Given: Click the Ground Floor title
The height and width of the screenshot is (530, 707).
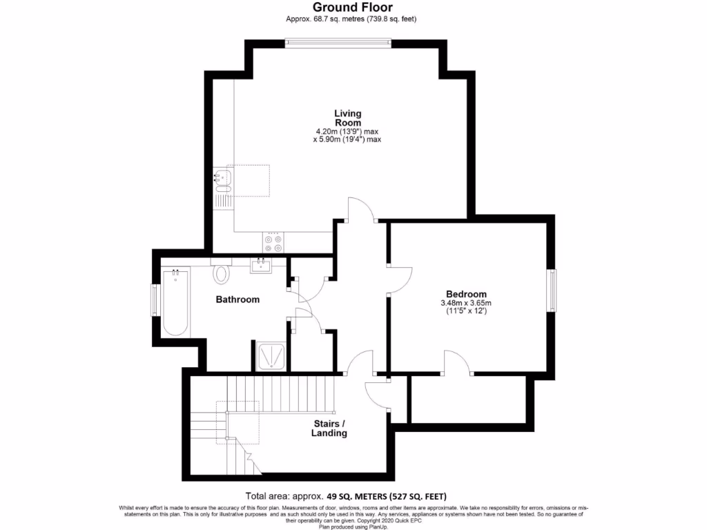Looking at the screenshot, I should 353,8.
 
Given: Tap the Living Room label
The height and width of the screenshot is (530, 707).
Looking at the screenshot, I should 347,118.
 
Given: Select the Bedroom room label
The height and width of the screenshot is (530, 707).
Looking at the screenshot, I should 466,293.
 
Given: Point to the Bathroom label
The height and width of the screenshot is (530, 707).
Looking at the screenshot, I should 238,300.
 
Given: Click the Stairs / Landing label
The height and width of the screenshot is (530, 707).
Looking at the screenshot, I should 329,429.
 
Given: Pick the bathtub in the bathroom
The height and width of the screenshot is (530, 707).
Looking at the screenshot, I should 175,303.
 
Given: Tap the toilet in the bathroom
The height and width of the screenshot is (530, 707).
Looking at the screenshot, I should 222,273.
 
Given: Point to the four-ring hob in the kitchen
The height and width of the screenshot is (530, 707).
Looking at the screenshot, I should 272,242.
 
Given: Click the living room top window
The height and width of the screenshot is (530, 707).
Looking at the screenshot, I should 338,43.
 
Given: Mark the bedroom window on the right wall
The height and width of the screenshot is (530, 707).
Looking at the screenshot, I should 553,291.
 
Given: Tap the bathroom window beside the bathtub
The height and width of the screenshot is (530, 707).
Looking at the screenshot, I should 155,301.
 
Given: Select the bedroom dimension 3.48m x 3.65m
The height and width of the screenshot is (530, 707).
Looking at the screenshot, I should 466,303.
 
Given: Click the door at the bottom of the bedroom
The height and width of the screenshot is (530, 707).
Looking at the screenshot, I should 457,363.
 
